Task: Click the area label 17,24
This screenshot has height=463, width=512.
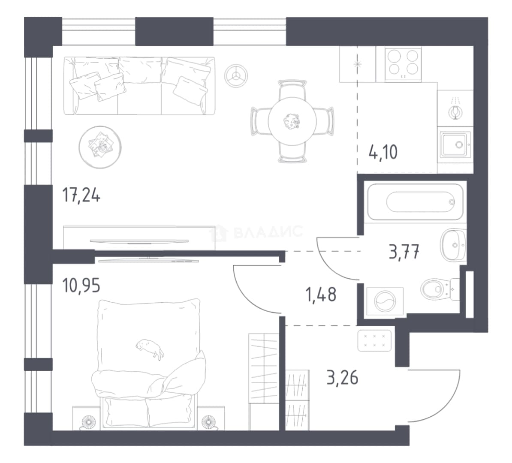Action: tap(81, 196)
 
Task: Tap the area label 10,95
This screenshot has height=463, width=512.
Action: tap(81, 286)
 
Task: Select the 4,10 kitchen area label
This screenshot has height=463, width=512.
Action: tap(383, 152)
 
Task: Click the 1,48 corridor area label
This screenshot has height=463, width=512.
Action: tap(321, 295)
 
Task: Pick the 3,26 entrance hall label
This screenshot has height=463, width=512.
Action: tap(343, 378)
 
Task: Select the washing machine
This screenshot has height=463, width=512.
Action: tap(385, 301)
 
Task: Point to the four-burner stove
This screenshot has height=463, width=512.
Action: tap(403, 64)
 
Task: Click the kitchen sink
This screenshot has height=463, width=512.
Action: tap(455, 144)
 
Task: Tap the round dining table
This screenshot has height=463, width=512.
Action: tap(292, 121)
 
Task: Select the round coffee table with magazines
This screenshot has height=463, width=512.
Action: tap(100, 147)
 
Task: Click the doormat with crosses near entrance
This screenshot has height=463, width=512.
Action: tap(374, 340)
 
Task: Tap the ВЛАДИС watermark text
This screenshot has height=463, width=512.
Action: tap(268, 231)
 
